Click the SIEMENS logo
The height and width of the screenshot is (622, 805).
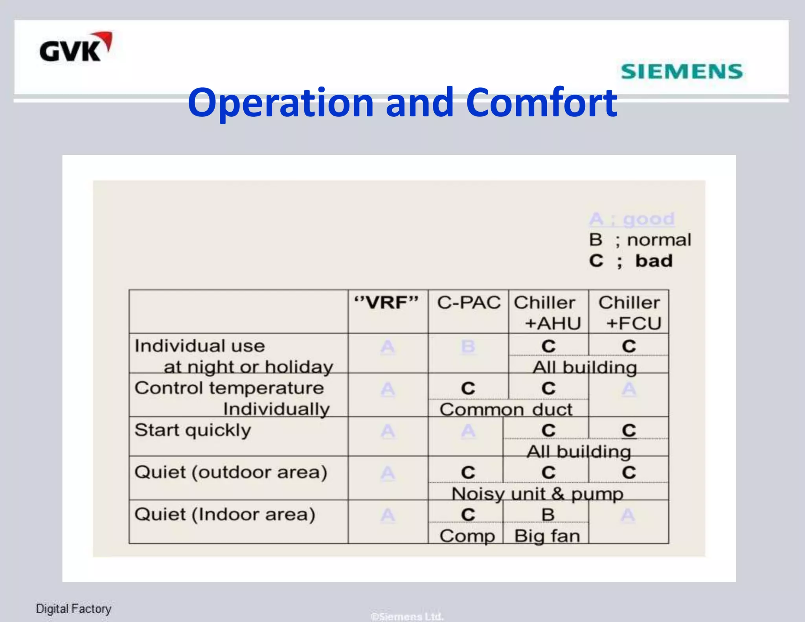pos(682,72)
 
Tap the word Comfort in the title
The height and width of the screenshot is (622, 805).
pos(542,103)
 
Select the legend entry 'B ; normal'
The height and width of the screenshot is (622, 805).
pos(640,240)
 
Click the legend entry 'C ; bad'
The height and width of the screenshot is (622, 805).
pos(631,261)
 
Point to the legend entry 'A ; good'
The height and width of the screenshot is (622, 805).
pos(632,219)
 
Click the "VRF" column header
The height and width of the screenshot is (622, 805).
pos(387,303)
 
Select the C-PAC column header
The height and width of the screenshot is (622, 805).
pos(469,303)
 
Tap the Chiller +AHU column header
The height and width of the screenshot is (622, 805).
pos(548,313)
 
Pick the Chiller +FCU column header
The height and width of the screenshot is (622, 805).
pos(629,313)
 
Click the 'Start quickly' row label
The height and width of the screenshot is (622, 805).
pos(193,430)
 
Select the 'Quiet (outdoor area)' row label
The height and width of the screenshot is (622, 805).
pos(231,472)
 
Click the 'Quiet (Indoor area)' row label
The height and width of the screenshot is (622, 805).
pos(225,514)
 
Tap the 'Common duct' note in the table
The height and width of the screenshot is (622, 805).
pos(506,410)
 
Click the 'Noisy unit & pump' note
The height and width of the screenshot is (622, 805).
pos(537,494)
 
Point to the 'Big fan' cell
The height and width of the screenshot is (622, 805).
pos(547,536)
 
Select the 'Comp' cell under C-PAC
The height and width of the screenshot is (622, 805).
pos(467,536)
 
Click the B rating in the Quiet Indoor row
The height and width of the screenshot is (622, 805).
pos(548,515)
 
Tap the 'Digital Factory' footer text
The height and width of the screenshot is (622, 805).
pos(74,609)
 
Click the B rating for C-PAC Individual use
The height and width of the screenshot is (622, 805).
pos(468,347)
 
